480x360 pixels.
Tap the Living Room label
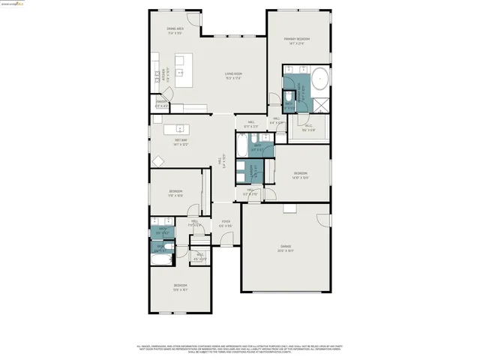click(232, 76)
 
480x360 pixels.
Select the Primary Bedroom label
click(297, 41)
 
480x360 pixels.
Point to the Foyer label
click(225, 223)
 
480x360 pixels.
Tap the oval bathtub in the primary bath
click(319, 77)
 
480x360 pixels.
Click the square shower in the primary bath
click(320, 103)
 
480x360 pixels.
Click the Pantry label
click(160, 103)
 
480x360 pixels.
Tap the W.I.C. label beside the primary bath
click(308, 127)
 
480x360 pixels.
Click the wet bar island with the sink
click(180, 127)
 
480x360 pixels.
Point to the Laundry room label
click(254, 170)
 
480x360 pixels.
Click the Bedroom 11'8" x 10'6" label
click(175, 193)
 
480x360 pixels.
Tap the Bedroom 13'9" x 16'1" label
click(180, 286)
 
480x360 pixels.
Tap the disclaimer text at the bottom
click(240, 349)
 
